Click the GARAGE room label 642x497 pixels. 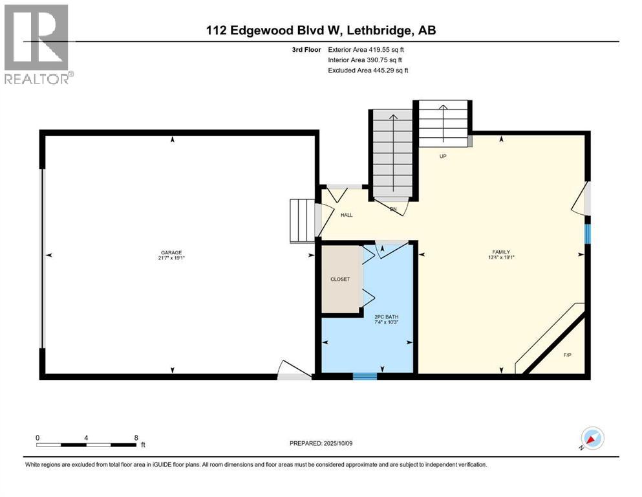pos(172,252)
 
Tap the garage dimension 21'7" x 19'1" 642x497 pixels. pos(172,258)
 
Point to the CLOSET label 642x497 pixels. pos(340,279)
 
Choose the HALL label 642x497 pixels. pos(347,215)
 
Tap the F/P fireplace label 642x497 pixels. pos(567,355)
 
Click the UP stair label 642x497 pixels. pos(443,156)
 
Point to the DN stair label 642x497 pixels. pos(392,208)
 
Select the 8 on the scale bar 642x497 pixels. pos(136,437)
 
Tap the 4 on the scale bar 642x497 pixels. pos(86,437)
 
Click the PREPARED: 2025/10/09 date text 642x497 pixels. pos(321,443)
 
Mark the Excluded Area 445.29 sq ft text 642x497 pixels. pos(368,70)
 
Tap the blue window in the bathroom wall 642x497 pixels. pos(365,376)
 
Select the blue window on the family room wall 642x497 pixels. pos(587,233)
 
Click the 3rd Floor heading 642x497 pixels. pos(305,49)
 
